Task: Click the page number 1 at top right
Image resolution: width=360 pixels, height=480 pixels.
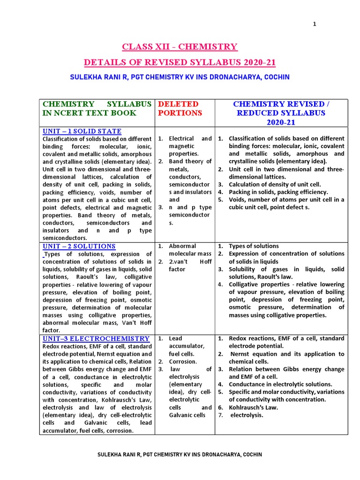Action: pyautogui.click(x=315, y=24)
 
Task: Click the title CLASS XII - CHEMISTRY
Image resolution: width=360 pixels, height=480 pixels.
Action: pyautogui.click(x=180, y=47)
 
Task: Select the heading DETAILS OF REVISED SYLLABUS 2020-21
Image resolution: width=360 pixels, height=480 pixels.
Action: pyautogui.click(x=180, y=62)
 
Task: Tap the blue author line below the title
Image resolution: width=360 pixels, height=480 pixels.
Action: pyautogui.click(x=180, y=77)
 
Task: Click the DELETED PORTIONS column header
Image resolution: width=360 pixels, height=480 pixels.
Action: pyautogui.click(x=178, y=108)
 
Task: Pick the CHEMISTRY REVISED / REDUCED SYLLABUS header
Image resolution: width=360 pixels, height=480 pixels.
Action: pyautogui.click(x=281, y=113)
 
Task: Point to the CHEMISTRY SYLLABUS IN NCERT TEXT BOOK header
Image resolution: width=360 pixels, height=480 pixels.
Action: pyautogui.click(x=97, y=108)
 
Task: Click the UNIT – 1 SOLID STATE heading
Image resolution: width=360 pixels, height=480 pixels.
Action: pyautogui.click(x=82, y=131)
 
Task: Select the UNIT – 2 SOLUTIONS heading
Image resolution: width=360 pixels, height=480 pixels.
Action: pyautogui.click(x=79, y=246)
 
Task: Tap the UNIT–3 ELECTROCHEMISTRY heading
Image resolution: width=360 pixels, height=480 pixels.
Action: pyautogui.click(x=96, y=338)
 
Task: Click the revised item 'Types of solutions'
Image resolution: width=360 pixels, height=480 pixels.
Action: pyautogui.click(x=254, y=246)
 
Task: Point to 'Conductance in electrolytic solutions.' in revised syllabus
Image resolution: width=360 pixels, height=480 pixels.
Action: pyautogui.click(x=280, y=384)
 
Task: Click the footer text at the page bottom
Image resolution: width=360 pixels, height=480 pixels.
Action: pyautogui.click(x=180, y=455)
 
